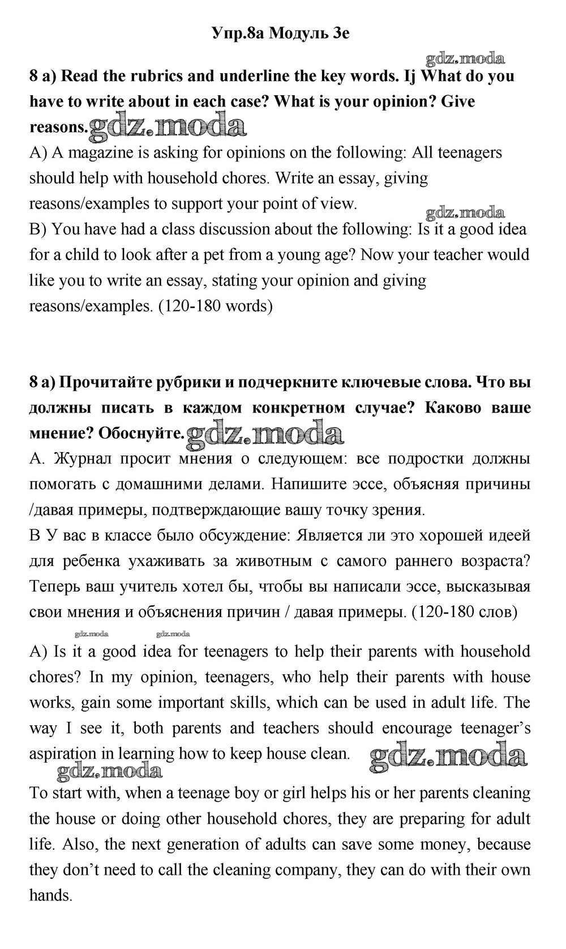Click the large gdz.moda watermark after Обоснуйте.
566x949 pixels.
pyautogui.click(x=265, y=433)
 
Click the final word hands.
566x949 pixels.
pyautogui.click(x=51, y=895)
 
